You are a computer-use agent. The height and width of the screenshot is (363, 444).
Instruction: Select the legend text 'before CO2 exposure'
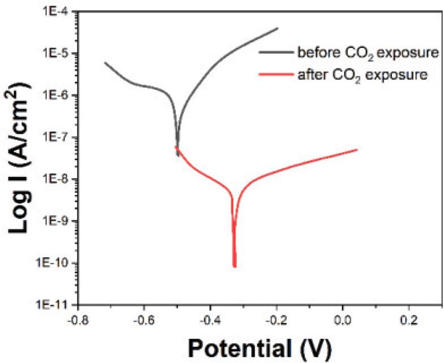pyautogui.click(x=368, y=54)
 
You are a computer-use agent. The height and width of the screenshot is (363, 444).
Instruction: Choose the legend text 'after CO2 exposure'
pyautogui.click(x=362, y=75)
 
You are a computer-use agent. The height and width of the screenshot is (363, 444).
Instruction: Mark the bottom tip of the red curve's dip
pyautogui.click(x=235, y=266)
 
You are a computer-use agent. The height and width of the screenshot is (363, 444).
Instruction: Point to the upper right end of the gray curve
pyautogui.click(x=278, y=28)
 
